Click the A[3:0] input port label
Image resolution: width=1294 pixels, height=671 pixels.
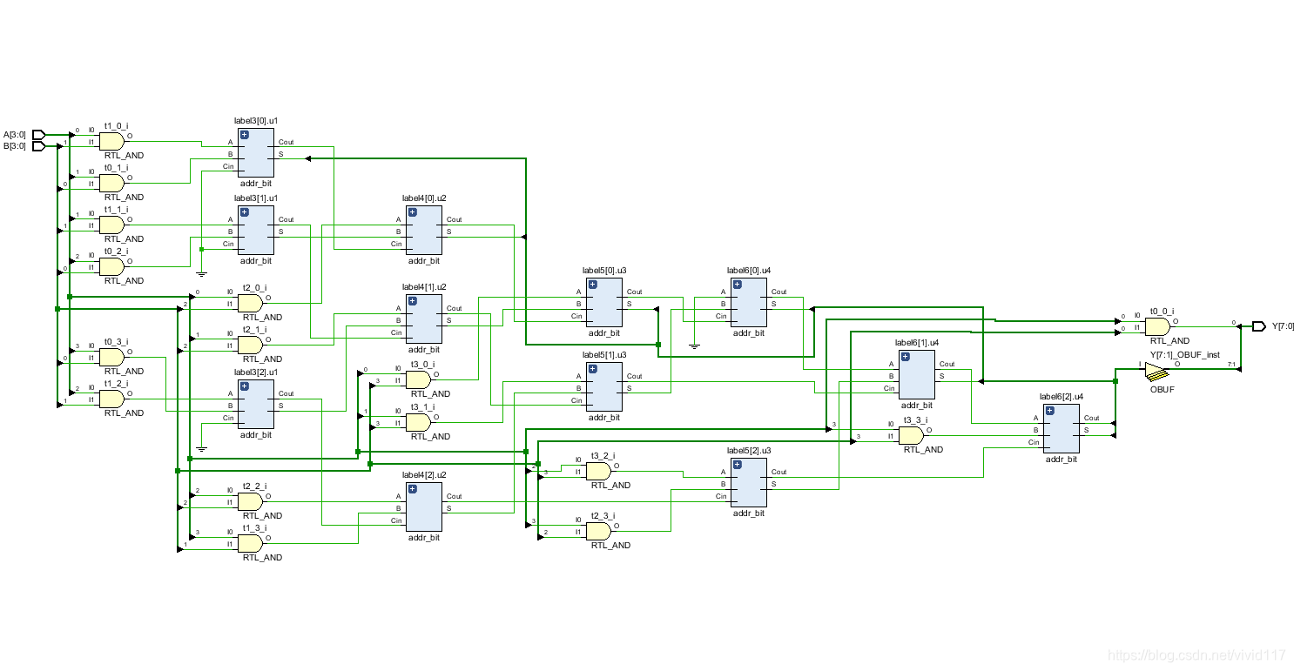(15, 135)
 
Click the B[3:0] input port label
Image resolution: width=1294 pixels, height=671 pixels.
(15, 146)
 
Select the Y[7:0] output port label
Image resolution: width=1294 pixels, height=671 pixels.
(1283, 326)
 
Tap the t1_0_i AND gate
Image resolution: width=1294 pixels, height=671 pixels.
(112, 140)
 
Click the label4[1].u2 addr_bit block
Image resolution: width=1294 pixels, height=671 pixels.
(423, 318)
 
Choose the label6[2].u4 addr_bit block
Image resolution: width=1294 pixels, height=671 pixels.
(1061, 427)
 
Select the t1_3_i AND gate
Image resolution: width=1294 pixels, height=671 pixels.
(250, 543)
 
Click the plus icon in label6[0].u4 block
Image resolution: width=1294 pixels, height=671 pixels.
(738, 284)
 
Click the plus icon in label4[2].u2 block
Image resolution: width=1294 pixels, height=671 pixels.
(413, 487)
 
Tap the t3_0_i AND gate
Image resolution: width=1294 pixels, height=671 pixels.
(418, 379)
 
